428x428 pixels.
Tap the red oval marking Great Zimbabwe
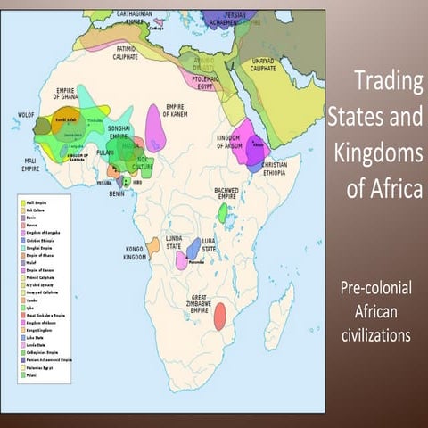click(219, 317)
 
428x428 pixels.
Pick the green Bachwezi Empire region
click(222, 212)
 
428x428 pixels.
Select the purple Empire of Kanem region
click(155, 128)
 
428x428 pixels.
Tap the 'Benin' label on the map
click(117, 191)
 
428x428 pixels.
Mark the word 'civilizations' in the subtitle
click(375, 336)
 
